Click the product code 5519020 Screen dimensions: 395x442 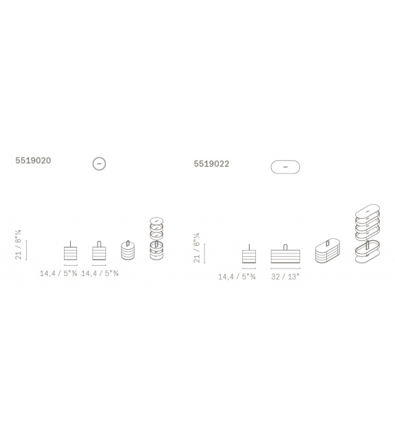coord(33,160)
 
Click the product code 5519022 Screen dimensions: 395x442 coord(211,164)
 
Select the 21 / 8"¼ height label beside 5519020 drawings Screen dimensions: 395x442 coord(18,244)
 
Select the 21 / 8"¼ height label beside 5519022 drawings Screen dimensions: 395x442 coord(196,248)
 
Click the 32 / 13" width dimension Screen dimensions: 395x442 coord(285,277)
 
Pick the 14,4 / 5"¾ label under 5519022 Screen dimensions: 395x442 coord(237,277)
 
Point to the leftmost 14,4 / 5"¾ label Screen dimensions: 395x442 coord(58,273)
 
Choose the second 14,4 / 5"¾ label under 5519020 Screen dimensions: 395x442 coord(100,273)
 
